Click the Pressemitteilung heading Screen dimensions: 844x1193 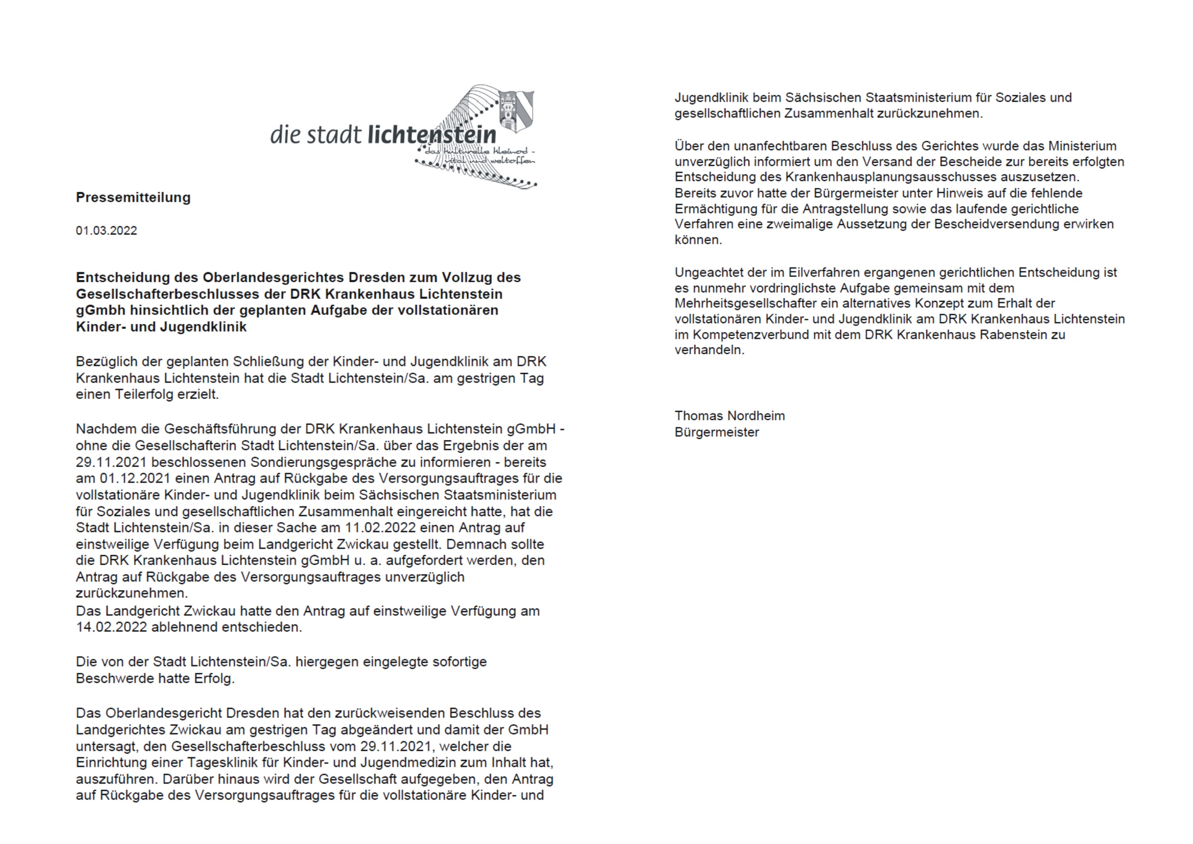133,198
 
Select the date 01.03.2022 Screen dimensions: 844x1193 106,230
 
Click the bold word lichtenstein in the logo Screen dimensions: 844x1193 432,135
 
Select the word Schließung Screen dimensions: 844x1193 268,361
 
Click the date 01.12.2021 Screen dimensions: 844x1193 136,479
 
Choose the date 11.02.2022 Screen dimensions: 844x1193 380,528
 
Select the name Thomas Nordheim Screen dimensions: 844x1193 730,416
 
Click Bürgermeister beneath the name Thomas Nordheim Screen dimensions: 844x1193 717,432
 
